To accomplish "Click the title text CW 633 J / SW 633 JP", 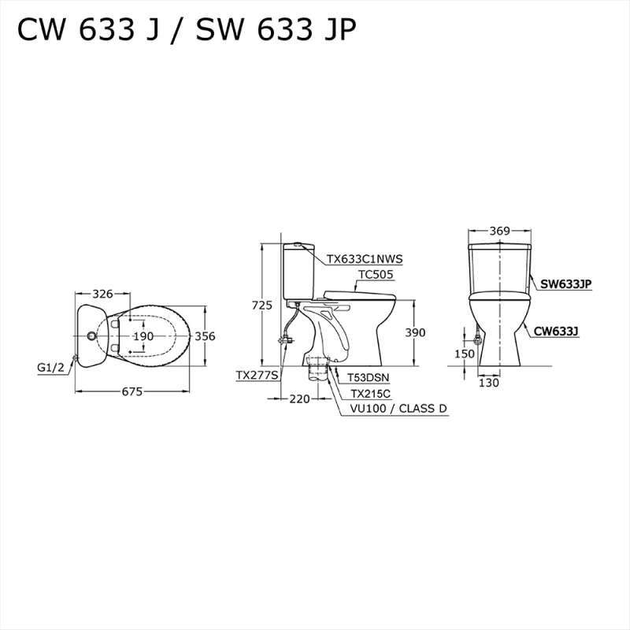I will click(187, 30).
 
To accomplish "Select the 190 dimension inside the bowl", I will click(143, 336).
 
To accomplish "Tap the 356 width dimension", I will click(205, 336).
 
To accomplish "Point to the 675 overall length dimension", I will click(133, 391).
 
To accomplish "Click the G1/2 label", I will click(51, 367).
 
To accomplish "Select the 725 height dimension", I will click(262, 305).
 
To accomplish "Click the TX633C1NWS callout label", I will click(365, 257).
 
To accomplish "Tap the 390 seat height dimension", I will click(414, 333).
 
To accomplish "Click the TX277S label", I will click(257, 376).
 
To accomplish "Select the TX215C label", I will click(370, 394).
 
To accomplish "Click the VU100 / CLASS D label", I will click(398, 409).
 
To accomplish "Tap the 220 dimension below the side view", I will click(299, 399).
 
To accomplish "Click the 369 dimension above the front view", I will click(499, 231).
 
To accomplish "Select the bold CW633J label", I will click(556, 332).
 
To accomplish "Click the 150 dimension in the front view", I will click(465, 354).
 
